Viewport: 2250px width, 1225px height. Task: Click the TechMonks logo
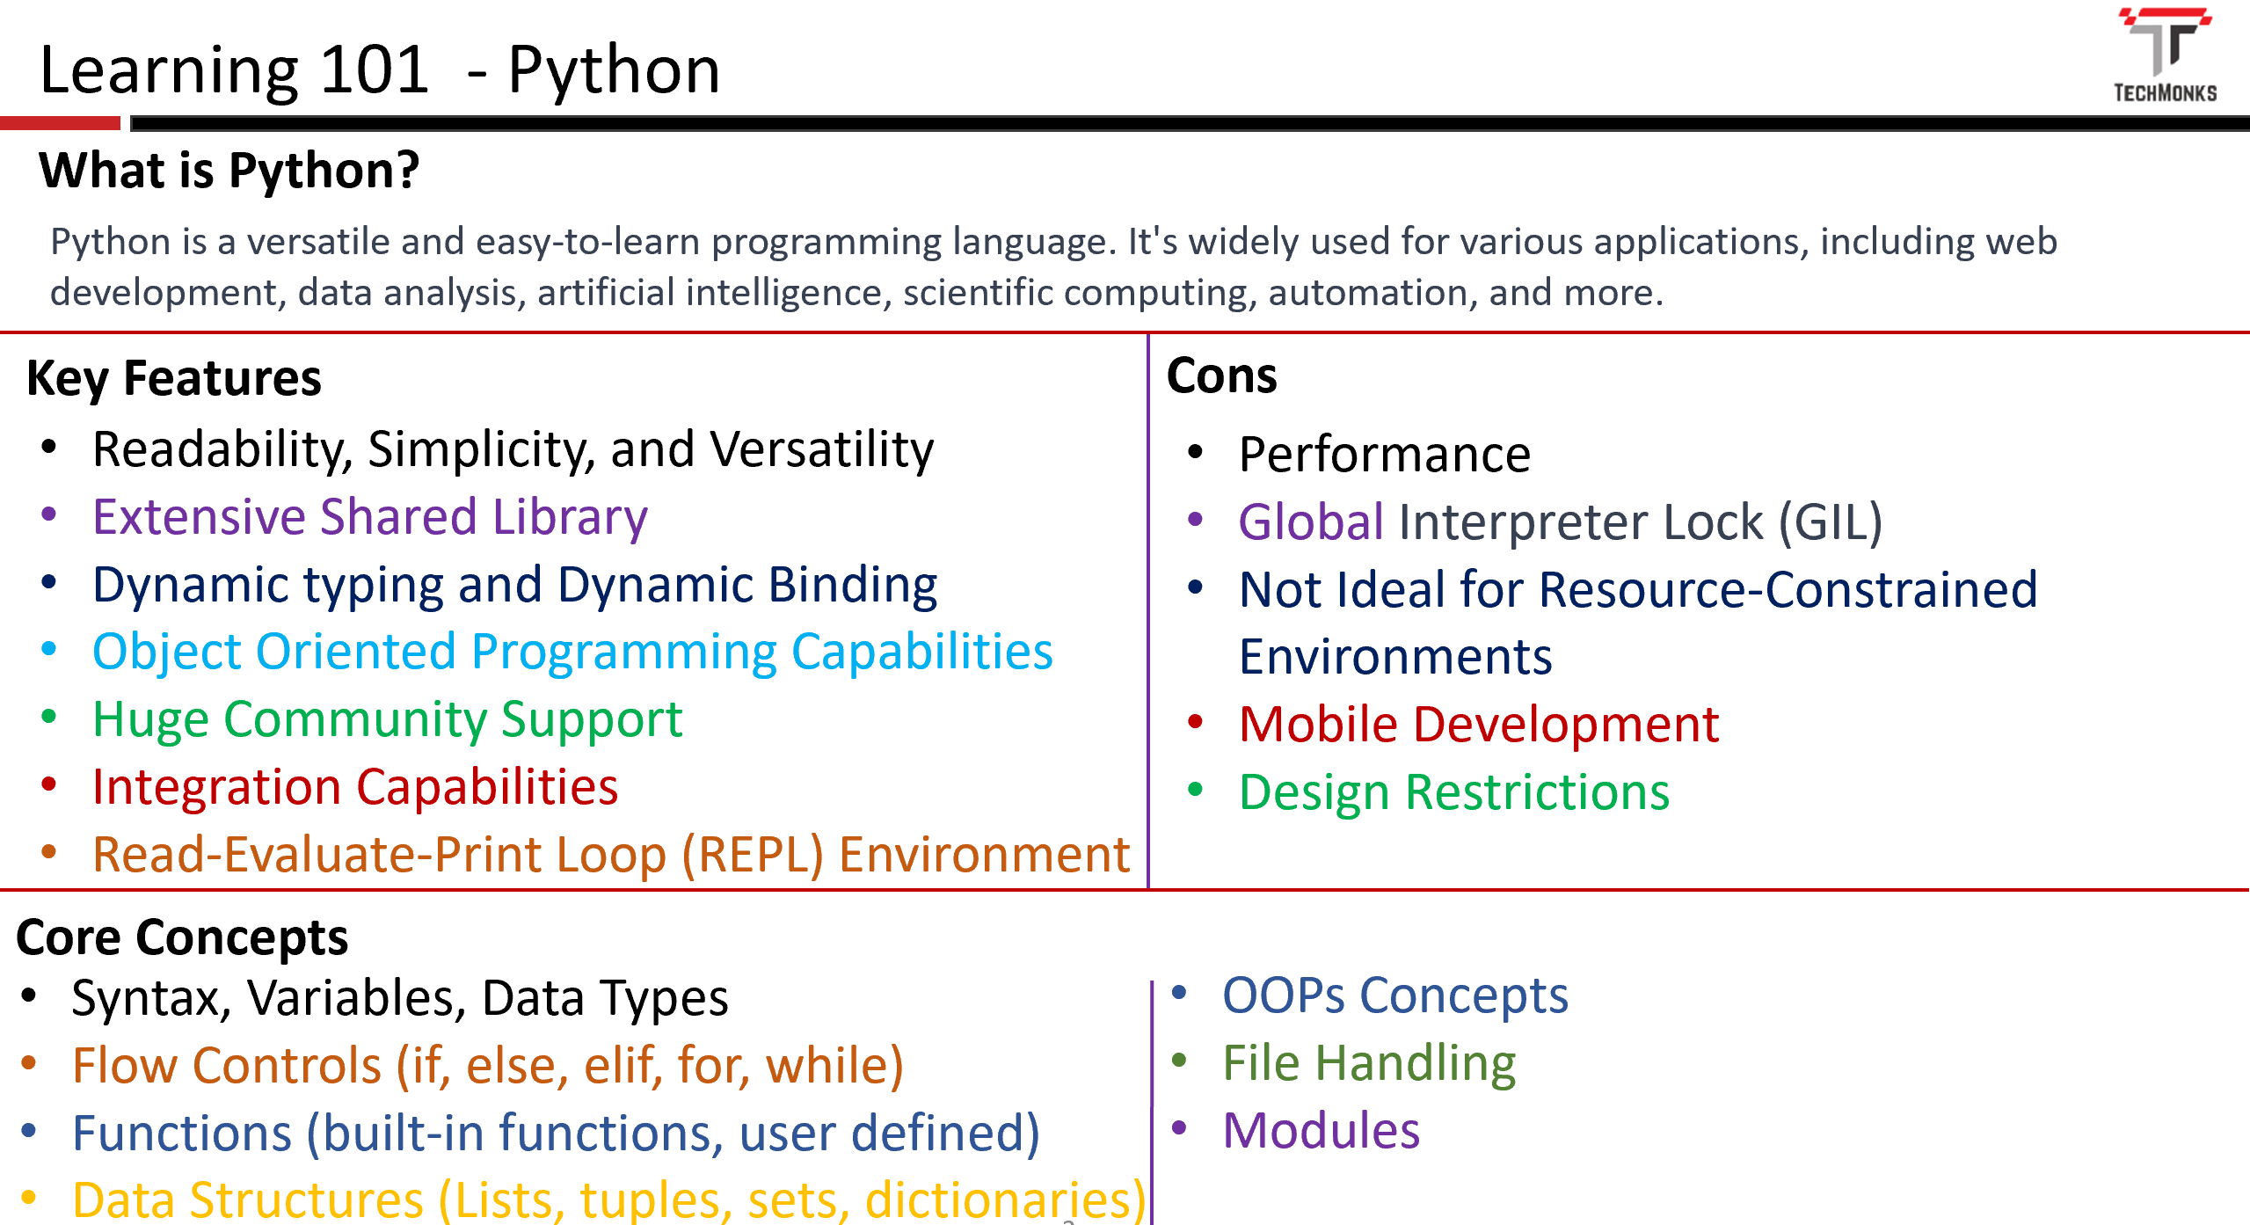click(x=2165, y=55)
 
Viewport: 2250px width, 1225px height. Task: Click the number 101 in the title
click(x=374, y=69)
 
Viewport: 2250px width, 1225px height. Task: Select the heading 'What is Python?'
click(x=229, y=171)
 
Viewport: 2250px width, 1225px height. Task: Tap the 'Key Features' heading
click(x=174, y=379)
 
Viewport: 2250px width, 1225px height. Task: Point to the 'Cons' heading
click(x=1221, y=376)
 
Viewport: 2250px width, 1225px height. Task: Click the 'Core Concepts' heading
click(x=182, y=937)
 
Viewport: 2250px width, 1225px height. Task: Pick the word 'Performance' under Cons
click(x=1385, y=455)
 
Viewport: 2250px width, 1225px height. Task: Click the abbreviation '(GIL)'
click(x=1831, y=522)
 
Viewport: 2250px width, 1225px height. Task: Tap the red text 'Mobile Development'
click(x=1479, y=725)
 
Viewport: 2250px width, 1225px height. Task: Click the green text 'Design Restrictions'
click(x=1454, y=792)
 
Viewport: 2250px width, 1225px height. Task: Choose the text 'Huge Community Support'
click(x=388, y=720)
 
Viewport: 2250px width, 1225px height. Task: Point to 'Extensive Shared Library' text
click(x=370, y=517)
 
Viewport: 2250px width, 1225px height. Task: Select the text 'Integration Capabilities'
click(x=355, y=787)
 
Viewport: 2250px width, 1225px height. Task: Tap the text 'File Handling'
click(x=1369, y=1064)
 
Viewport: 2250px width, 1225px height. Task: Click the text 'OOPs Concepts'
click(x=1395, y=995)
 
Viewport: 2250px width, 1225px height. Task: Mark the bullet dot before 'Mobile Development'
click(x=1195, y=723)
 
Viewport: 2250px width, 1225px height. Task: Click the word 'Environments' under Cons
click(x=1395, y=657)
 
